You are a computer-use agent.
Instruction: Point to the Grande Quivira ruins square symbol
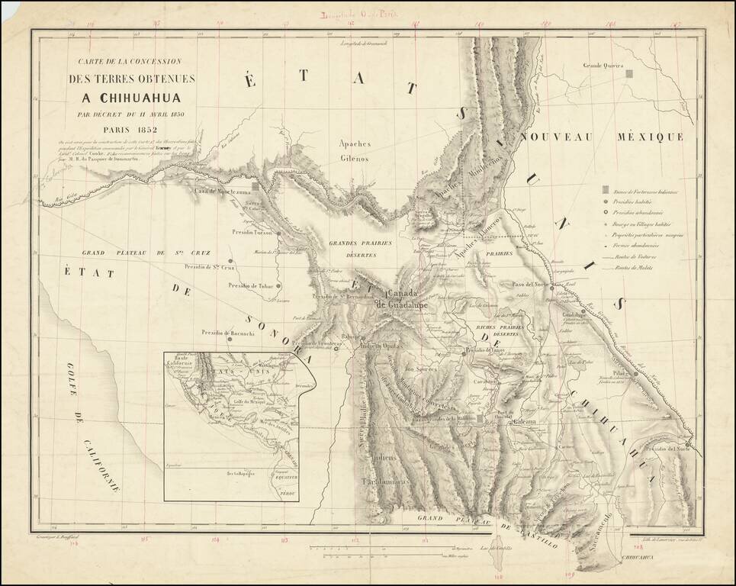[629, 75]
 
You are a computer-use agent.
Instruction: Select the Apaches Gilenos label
[355, 151]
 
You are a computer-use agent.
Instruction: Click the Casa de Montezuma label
[222, 190]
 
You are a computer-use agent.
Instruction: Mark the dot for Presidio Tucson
[279, 233]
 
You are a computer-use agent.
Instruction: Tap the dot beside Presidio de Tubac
[280, 286]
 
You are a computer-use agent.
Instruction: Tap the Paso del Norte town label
[527, 284]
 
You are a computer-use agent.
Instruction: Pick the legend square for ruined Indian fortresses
[604, 189]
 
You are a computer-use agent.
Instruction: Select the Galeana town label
[525, 422]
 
